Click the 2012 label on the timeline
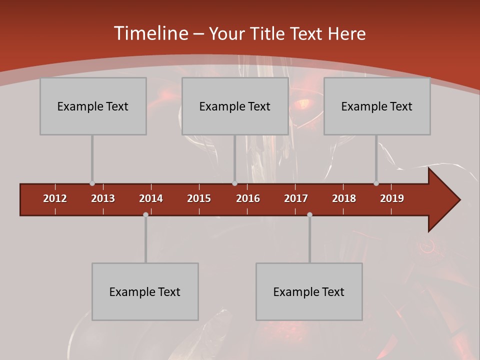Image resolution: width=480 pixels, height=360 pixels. click(x=55, y=198)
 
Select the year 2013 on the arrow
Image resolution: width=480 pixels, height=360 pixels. click(x=103, y=198)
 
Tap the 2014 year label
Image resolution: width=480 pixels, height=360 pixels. click(x=151, y=198)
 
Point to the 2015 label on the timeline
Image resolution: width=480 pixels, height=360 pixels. click(x=199, y=198)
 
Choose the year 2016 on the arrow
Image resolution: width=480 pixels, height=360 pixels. click(x=248, y=198)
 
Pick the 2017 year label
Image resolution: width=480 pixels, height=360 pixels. click(x=296, y=198)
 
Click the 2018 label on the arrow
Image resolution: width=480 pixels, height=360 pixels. click(x=344, y=198)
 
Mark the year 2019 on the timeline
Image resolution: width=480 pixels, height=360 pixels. click(x=392, y=198)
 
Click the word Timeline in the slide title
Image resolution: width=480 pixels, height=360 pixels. click(x=150, y=33)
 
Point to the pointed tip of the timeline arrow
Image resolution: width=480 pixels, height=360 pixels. click(x=458, y=200)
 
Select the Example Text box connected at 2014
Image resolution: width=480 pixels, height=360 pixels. click(x=145, y=291)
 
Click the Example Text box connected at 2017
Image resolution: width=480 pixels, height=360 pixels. click(x=309, y=291)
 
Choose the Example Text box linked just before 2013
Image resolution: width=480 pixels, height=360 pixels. click(x=93, y=106)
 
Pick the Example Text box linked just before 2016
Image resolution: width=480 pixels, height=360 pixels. click(x=235, y=106)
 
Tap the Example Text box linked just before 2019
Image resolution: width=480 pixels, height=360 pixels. click(x=377, y=106)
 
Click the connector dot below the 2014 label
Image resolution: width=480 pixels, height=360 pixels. click(x=145, y=214)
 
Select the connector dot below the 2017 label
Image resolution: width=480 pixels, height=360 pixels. click(x=309, y=214)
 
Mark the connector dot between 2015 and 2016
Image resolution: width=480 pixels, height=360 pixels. click(x=234, y=183)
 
